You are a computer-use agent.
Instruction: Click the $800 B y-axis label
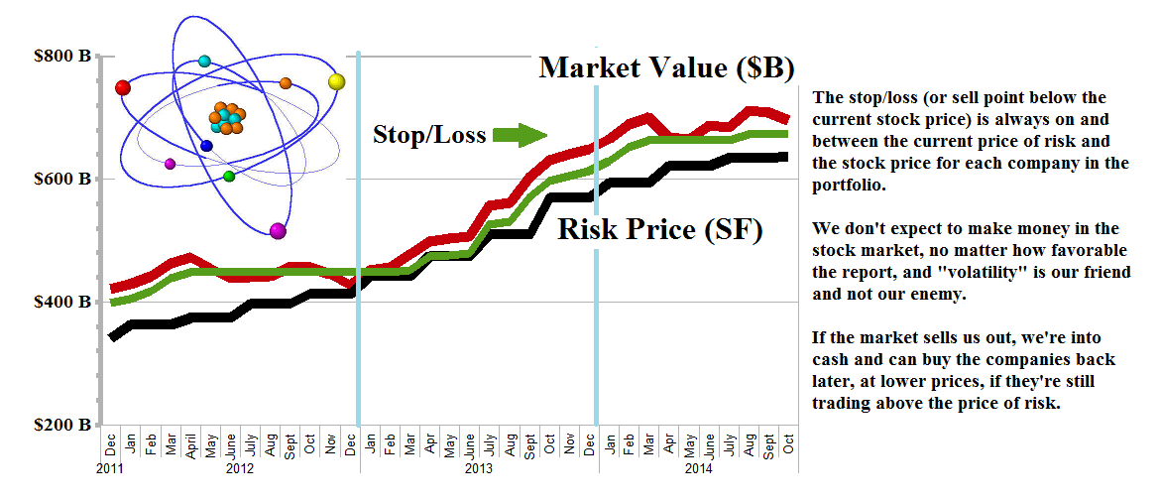[x=62, y=57]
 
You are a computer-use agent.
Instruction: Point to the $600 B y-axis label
[x=62, y=179]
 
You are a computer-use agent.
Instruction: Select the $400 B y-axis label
[x=62, y=302]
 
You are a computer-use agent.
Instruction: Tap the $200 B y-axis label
[x=62, y=425]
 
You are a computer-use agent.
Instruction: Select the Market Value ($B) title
[x=665, y=68]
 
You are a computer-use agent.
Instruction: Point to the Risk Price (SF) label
[x=659, y=230]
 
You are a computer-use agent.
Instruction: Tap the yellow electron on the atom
[x=336, y=81]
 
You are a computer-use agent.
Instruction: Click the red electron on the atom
[x=123, y=88]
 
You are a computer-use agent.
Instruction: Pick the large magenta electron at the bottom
[x=278, y=231]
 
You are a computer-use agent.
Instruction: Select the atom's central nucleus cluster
[x=226, y=119]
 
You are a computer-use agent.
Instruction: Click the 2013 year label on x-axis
[x=479, y=467]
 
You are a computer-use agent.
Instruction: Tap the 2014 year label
[x=700, y=467]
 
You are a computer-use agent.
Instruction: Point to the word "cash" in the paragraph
[x=830, y=358]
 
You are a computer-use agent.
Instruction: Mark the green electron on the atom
[x=229, y=177]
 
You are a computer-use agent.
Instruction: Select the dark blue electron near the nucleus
[x=206, y=146]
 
